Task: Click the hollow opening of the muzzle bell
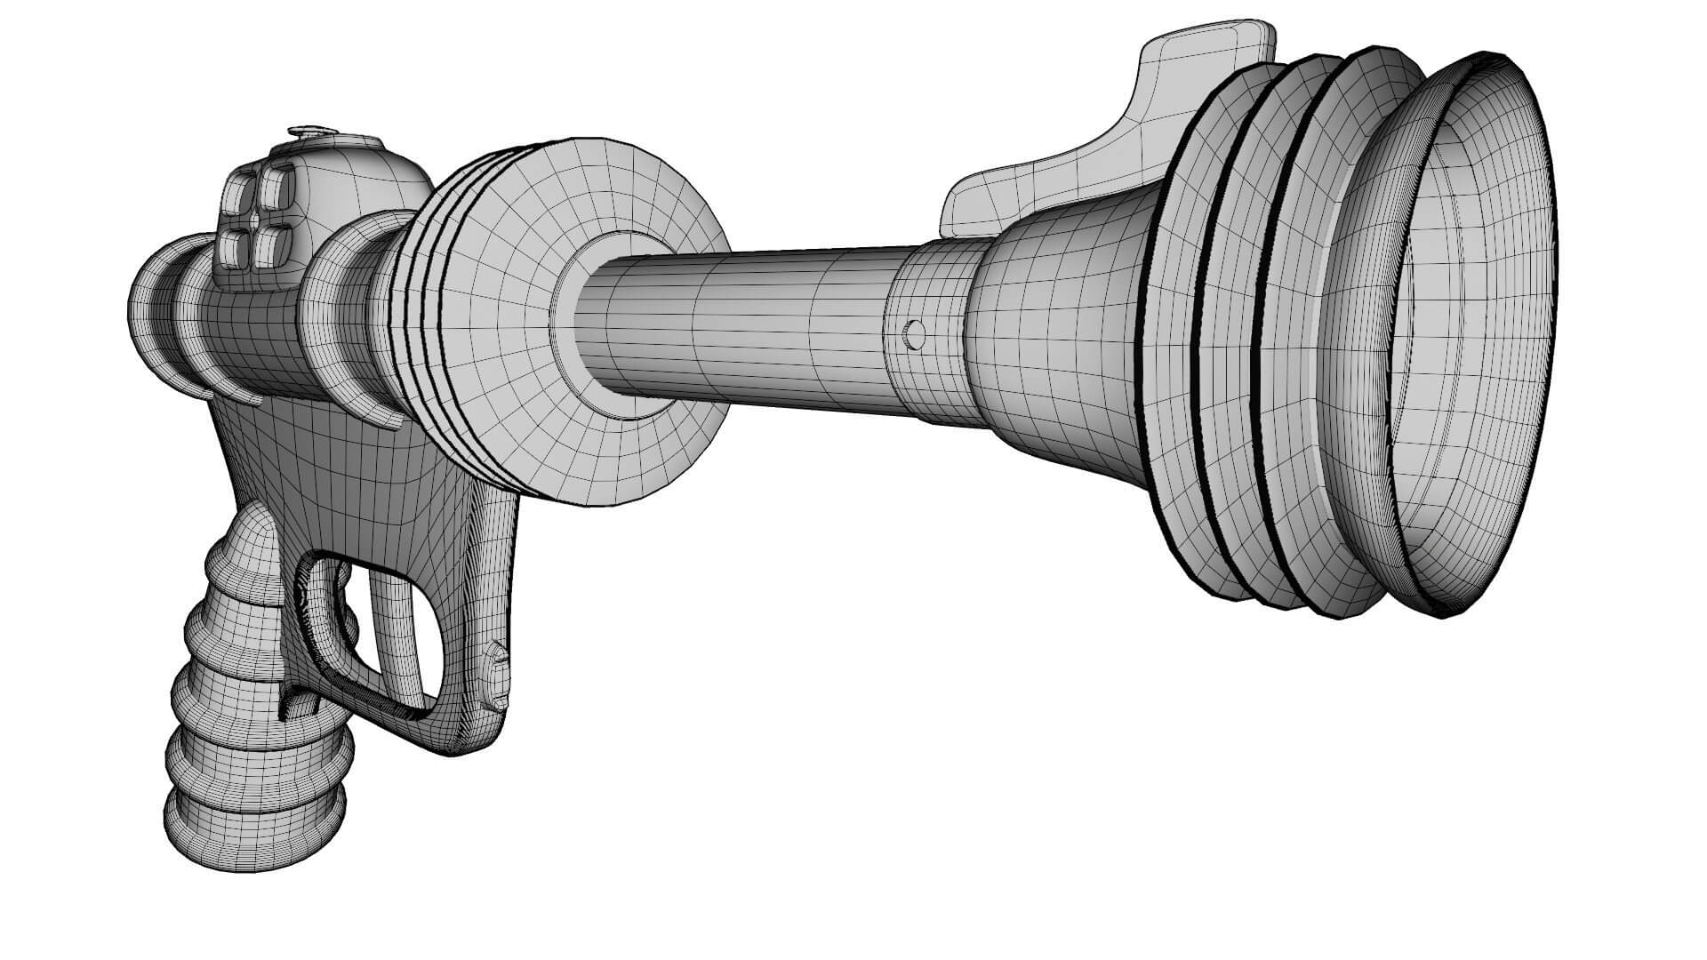(x=1476, y=338)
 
